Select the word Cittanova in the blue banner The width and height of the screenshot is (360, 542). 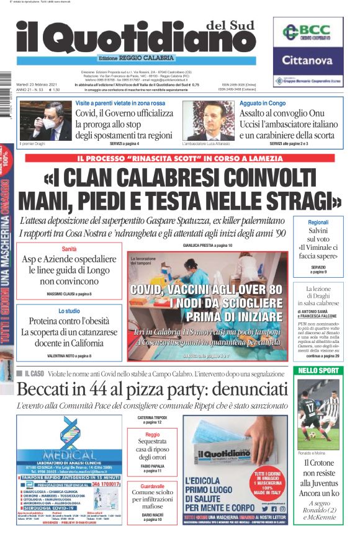point(308,60)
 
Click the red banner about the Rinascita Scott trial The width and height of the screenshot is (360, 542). point(180,158)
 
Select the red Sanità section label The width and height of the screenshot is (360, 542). point(69,249)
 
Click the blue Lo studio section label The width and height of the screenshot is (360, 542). point(69,311)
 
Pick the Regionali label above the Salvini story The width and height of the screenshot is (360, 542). point(326,223)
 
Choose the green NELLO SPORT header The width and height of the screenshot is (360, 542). point(318,370)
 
